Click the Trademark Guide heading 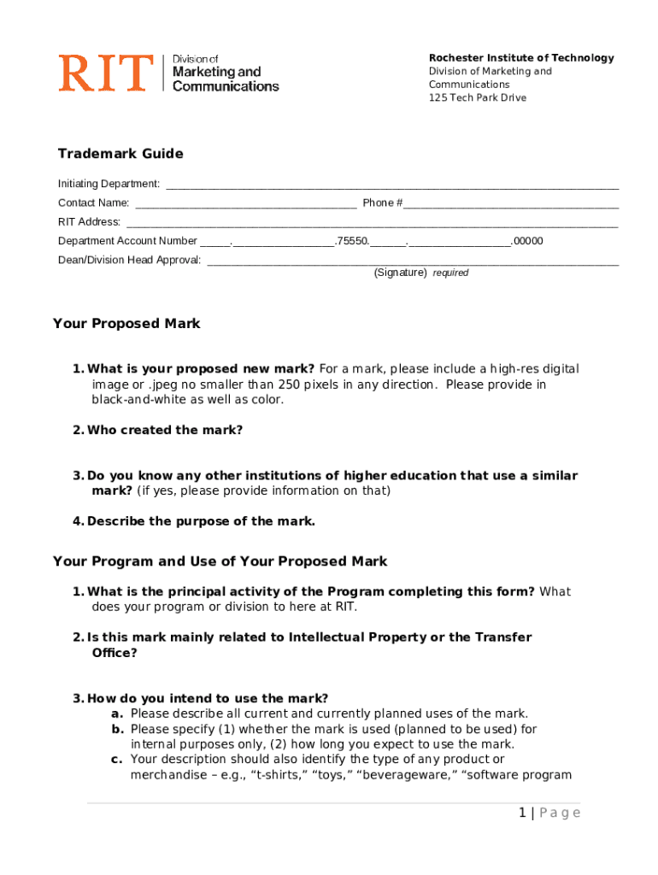point(120,154)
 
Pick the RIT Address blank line point(372,223)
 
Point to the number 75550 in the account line point(352,241)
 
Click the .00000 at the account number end point(527,241)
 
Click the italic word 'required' point(450,273)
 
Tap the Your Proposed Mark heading point(126,323)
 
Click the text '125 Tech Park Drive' point(478,97)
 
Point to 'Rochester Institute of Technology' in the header point(521,58)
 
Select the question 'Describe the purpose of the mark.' point(201,521)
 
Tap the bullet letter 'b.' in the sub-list point(118,729)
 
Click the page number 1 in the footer point(521,813)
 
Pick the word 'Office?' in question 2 point(115,653)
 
